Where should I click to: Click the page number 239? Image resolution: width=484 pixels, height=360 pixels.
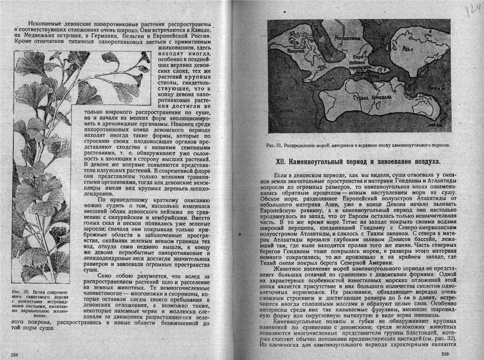445,354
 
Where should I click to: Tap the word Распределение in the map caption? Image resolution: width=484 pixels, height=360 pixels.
304,145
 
